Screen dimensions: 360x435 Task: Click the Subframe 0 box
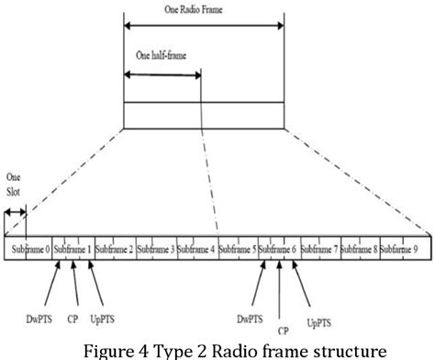pos(28,249)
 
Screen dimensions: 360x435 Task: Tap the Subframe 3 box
pos(156,249)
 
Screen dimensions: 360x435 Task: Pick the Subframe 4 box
pos(197,249)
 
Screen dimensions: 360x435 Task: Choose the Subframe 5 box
pos(238,249)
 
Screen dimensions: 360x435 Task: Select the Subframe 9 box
pos(400,249)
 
